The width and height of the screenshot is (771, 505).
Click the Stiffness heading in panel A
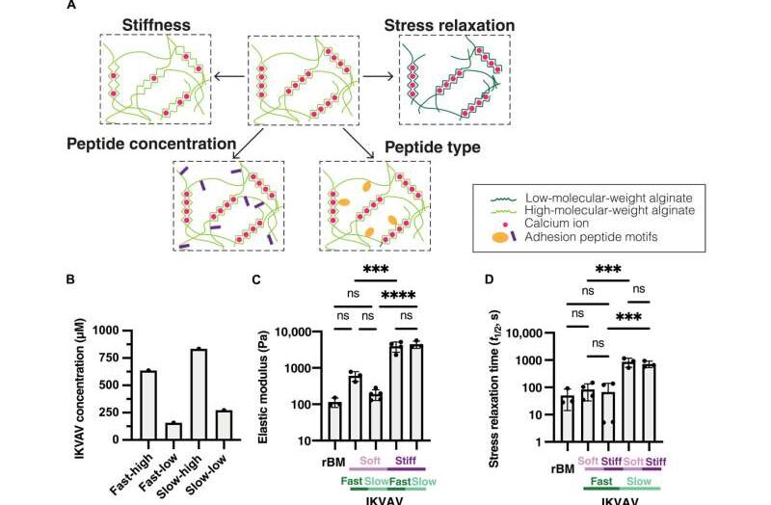click(163, 22)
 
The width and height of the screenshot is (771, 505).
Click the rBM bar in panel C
click(333, 421)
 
